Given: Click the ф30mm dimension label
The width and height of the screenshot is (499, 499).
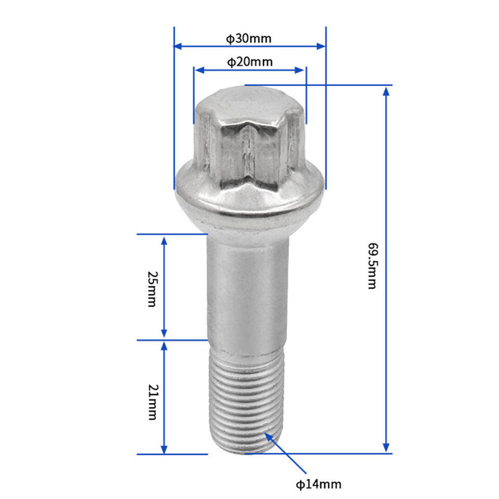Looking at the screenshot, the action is (x=248, y=38).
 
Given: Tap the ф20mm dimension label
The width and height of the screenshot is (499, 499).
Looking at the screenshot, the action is (x=250, y=62).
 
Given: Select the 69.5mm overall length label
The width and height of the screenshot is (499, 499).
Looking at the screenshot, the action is (x=372, y=266).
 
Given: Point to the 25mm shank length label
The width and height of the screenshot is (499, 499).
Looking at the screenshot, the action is (x=152, y=288).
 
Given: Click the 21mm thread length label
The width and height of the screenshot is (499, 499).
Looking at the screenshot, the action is (x=153, y=402).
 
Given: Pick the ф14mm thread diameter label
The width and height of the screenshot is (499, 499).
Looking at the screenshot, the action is (x=319, y=484).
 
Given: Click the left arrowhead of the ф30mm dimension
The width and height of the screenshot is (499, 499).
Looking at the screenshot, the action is (x=178, y=46).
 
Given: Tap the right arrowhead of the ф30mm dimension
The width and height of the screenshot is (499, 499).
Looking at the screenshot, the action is (x=321, y=46).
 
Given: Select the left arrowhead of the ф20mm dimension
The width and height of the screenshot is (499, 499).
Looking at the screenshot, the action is (x=199, y=70).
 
